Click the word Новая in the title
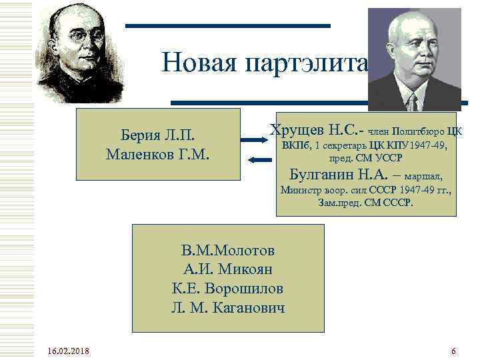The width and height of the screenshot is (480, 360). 199,63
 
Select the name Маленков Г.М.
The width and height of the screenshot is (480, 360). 158,155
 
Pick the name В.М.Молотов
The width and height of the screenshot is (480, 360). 227,251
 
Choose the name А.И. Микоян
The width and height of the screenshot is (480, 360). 227,270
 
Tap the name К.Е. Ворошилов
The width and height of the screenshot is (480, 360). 227,289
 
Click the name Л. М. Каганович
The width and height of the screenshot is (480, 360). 227,309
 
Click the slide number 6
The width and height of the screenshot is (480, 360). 453,351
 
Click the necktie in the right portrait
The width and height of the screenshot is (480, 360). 413,101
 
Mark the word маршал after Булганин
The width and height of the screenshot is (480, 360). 423,177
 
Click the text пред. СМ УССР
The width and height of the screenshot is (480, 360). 365,159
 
